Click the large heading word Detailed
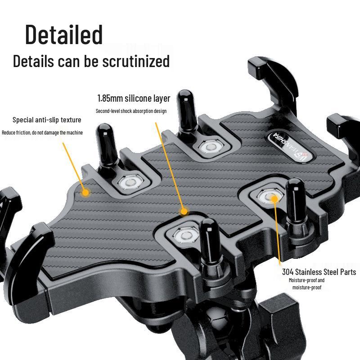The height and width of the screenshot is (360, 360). (x=64, y=35)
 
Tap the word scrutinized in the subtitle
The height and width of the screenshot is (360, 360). (x=136, y=61)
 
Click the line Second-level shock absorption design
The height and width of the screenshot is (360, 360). (x=131, y=111)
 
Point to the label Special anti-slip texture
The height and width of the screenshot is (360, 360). (x=47, y=120)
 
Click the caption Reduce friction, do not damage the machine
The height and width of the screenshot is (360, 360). (x=42, y=132)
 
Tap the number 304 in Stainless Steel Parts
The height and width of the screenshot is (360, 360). (x=288, y=272)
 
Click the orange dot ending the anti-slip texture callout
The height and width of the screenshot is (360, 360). (x=85, y=193)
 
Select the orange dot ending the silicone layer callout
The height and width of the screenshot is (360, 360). (x=184, y=211)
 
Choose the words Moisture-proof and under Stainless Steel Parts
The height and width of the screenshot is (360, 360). (x=306, y=280)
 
